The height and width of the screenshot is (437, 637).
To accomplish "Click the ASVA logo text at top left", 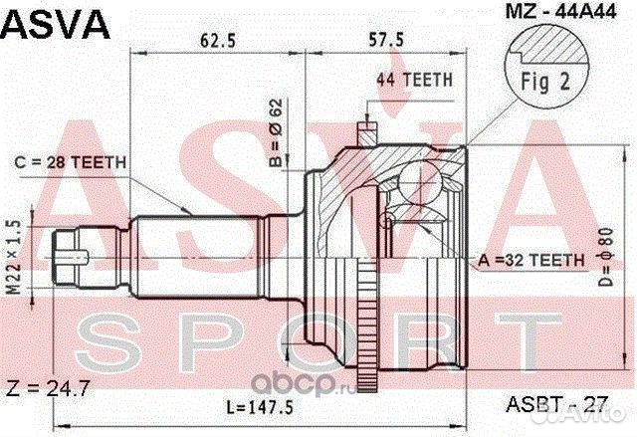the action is pyautogui.click(x=56, y=24).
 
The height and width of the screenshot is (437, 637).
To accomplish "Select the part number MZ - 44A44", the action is pyautogui.click(x=560, y=12).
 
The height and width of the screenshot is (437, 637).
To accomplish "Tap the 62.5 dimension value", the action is pyautogui.click(x=218, y=41).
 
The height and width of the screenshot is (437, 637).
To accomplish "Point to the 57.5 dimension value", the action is pyautogui.click(x=386, y=40).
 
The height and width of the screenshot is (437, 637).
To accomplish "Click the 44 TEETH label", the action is pyautogui.click(x=414, y=80).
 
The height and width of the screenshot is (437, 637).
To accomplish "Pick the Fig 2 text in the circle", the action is pyautogui.click(x=545, y=82).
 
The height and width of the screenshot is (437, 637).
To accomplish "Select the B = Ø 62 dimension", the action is pyautogui.click(x=276, y=132).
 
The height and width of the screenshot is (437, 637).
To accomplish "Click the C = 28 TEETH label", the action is pyautogui.click(x=71, y=162).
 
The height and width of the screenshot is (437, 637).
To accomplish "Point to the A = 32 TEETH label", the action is pyautogui.click(x=531, y=260).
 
